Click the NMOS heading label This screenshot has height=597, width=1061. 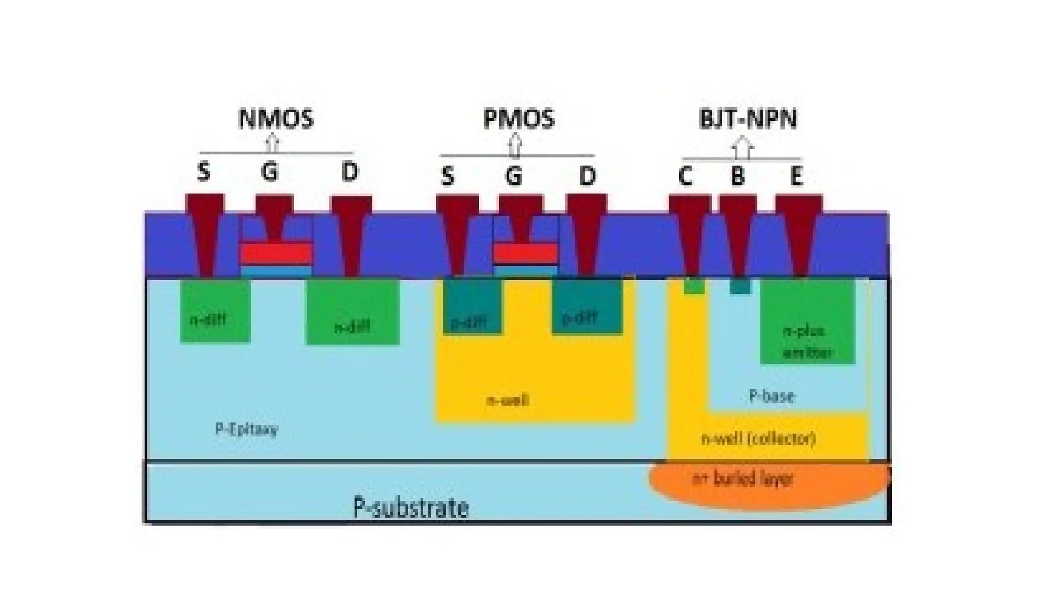(276, 119)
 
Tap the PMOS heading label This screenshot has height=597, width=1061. (519, 119)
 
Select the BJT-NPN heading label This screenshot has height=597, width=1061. (748, 119)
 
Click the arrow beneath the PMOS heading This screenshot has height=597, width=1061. (514, 145)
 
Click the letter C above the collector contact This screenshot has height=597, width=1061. (685, 176)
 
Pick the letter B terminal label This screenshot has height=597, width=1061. (738, 176)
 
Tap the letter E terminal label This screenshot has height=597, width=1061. (796, 176)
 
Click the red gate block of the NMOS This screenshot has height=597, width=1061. (277, 254)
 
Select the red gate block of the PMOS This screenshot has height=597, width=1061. (525, 253)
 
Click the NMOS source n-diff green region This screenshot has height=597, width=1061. (215, 311)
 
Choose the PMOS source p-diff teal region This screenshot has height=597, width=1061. (472, 307)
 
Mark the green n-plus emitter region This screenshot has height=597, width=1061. (807, 321)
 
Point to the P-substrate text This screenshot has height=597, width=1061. (411, 507)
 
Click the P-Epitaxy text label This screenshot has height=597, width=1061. (246, 429)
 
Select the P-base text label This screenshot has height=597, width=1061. (771, 396)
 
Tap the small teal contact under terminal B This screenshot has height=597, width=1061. (740, 287)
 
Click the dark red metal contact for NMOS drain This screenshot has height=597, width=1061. (352, 233)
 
